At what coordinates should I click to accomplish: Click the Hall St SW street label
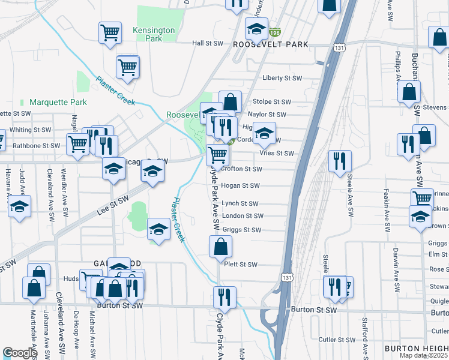point(207,44)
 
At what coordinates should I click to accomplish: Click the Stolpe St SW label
point(272,102)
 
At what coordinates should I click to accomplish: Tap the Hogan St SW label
point(240,186)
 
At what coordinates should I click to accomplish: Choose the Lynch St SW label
point(240,204)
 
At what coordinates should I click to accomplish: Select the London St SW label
point(243,216)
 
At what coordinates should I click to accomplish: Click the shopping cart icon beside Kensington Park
point(110,32)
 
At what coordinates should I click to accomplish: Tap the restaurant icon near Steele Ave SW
point(340,160)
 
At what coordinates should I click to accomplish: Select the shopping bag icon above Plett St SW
point(220,245)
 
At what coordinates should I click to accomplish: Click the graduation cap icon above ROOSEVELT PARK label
point(256,28)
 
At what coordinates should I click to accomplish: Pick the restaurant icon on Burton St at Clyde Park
point(224,296)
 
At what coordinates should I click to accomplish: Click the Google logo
point(20,353)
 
